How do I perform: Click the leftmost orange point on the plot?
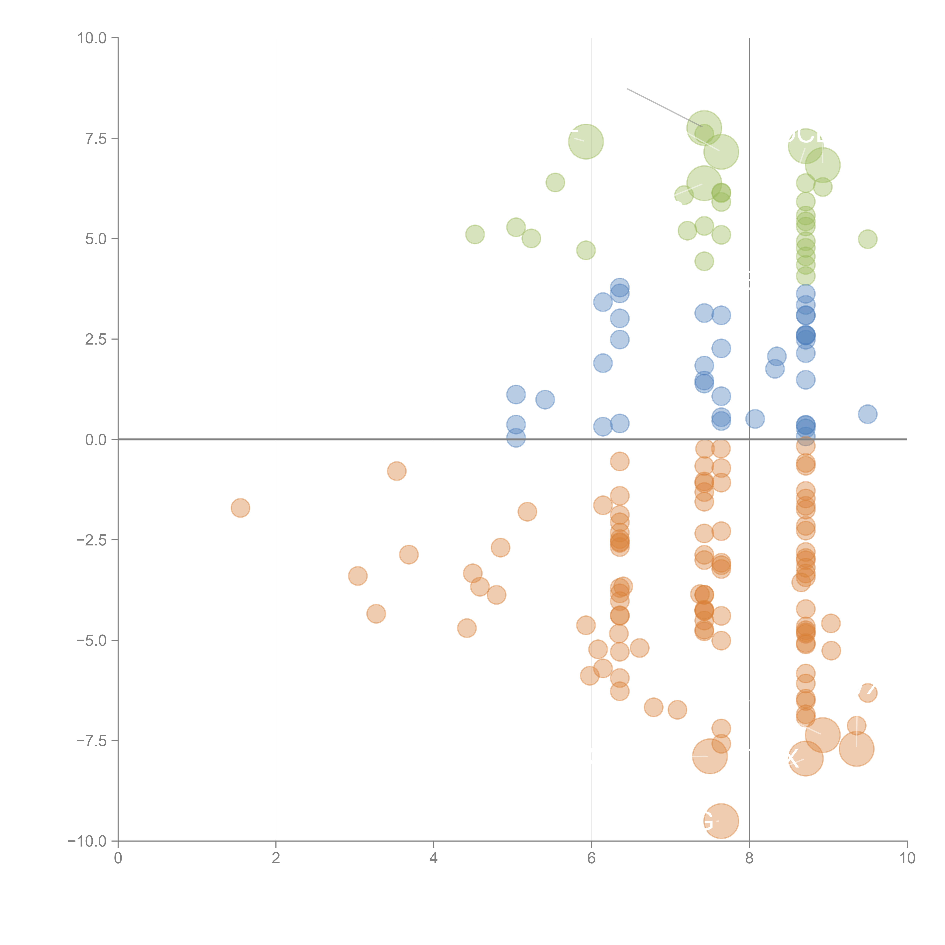(x=240, y=508)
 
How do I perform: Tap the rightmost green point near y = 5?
(x=867, y=239)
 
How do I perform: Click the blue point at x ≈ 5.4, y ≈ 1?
(x=545, y=400)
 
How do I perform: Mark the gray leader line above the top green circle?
(x=664, y=108)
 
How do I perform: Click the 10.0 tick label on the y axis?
(x=92, y=38)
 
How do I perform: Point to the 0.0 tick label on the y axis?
(x=96, y=440)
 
